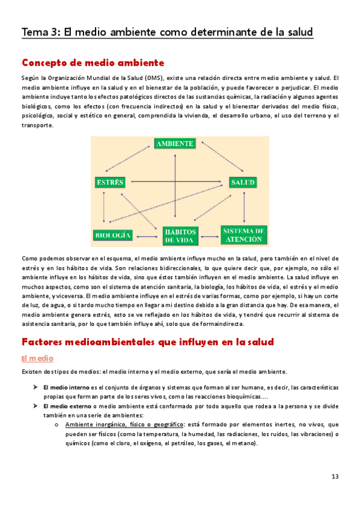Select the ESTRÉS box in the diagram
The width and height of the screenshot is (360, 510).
click(109, 181)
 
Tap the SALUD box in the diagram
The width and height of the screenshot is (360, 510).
click(243, 181)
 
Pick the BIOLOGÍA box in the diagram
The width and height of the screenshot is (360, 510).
click(113, 234)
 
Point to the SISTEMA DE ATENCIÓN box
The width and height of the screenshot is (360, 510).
click(243, 235)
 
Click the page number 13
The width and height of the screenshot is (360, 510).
click(335, 476)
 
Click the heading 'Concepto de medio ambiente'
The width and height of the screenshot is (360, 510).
click(93, 63)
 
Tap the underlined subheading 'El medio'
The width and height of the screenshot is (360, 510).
click(38, 358)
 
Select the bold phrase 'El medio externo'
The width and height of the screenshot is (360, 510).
click(66, 407)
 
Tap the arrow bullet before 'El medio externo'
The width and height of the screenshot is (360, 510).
click(35, 407)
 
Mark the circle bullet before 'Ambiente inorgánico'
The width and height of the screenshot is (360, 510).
click(55, 424)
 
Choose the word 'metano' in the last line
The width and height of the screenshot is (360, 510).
click(245, 443)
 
